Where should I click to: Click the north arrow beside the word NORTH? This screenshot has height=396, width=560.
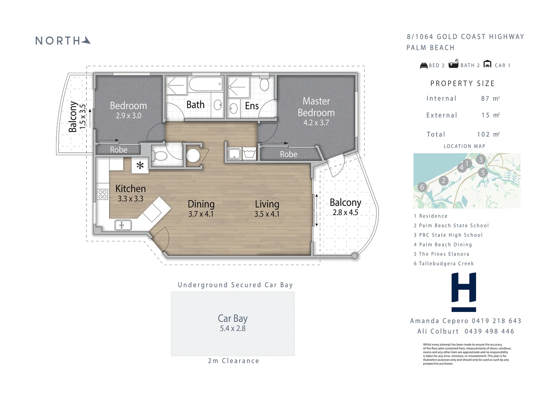[x=86, y=41]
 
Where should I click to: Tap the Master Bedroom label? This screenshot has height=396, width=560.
[x=316, y=107]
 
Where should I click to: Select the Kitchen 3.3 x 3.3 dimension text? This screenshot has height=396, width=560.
[x=131, y=199]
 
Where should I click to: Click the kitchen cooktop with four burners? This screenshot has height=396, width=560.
[x=103, y=194]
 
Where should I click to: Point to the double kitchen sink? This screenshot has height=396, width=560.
[x=123, y=225]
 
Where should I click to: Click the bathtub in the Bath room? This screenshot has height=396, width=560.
[x=206, y=84]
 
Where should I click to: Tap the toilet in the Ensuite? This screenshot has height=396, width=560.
[x=264, y=83]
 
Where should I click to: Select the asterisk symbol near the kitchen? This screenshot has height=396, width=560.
[x=140, y=165]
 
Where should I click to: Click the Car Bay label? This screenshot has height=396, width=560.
[x=233, y=319]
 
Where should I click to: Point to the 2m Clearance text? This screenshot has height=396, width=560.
[x=234, y=361]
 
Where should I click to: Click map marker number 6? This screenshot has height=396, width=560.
[x=422, y=187]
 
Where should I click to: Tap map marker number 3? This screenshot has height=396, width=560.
[x=481, y=159]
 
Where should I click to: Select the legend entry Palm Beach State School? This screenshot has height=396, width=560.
[x=451, y=225]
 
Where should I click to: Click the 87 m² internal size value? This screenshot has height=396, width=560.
[x=490, y=98]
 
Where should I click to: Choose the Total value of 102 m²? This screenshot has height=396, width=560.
[x=488, y=134]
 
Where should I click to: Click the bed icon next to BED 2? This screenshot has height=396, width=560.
[x=424, y=65]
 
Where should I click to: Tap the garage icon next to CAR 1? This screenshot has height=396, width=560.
[x=487, y=64]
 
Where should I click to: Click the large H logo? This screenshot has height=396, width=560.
[x=464, y=292]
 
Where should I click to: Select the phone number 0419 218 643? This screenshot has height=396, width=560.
[x=497, y=321]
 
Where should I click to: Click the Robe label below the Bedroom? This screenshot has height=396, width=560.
[x=119, y=150]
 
